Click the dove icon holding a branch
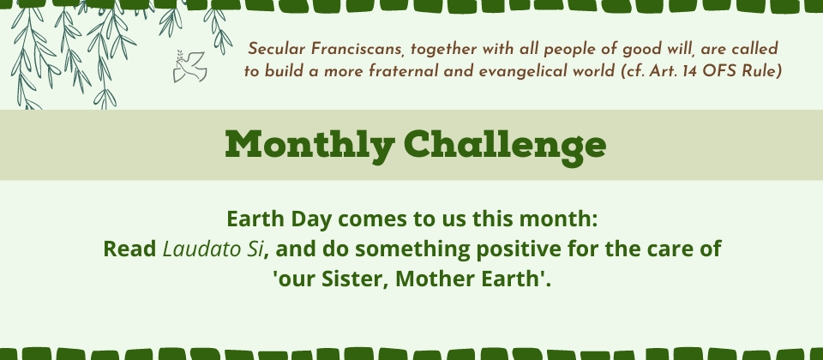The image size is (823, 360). [189, 66]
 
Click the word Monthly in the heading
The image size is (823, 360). [309, 144]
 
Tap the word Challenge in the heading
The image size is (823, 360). [505, 144]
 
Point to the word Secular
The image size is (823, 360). [277, 50]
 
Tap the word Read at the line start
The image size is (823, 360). [129, 249]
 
